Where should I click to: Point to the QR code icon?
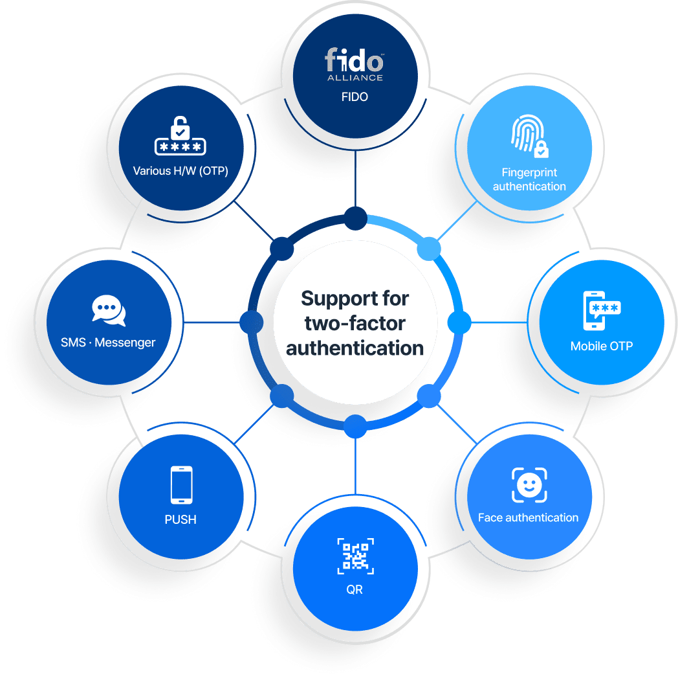[355, 556]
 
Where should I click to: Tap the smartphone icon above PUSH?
[180, 485]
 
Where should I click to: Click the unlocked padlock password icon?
[180, 139]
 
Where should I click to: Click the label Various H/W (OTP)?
[180, 171]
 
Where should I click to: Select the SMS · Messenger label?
[108, 343]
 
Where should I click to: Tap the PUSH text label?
[180, 519]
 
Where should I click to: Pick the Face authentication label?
[528, 517]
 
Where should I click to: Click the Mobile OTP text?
[601, 346]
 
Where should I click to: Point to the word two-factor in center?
[355, 322]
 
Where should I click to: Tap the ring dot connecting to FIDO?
[355, 218]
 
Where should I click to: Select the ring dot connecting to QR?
[355, 426]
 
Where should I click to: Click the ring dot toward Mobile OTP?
[459, 322]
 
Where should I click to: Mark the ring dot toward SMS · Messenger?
[252, 322]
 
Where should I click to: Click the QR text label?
[355, 590]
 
